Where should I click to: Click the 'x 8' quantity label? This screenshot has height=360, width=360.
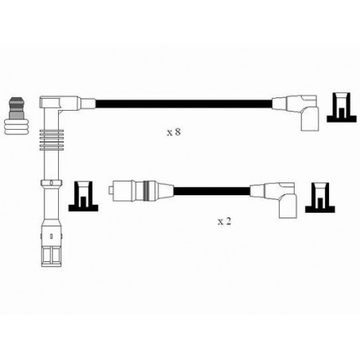coord(174,132)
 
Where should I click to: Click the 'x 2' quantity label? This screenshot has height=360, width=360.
coord(225,221)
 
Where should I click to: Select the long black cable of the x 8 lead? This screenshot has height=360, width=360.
coord(184,104)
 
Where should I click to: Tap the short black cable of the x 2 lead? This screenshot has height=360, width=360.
coord(212,191)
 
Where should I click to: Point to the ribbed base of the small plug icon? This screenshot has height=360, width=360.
coord(16,127)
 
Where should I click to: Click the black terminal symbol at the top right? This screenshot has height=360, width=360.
coord(342,108)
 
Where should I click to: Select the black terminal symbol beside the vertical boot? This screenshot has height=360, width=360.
coord(84,197)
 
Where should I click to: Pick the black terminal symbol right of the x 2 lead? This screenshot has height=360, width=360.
coord(320,198)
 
